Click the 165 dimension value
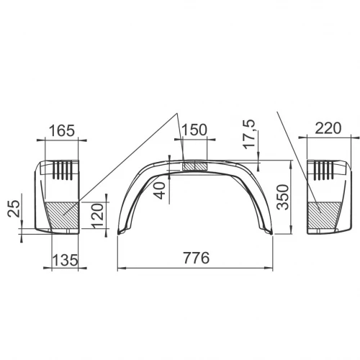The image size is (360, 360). tap(62, 130)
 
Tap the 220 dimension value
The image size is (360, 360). tap(328, 128)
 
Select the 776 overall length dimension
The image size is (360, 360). tap(196, 258)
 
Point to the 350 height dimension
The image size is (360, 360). tap(282, 197)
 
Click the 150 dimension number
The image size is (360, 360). tap(194, 130)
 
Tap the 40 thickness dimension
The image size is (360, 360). tap(160, 191)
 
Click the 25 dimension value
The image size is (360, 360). tap(13, 209)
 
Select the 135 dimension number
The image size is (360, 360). tap(65, 260)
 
